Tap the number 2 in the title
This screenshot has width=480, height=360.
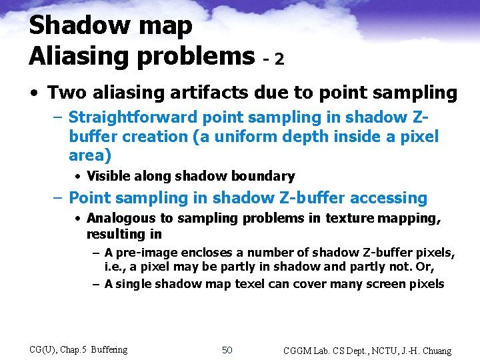coord(279,59)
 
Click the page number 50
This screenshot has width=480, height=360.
coord(227,350)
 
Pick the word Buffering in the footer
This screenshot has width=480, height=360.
coord(109,349)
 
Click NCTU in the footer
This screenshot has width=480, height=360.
coord(383,351)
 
